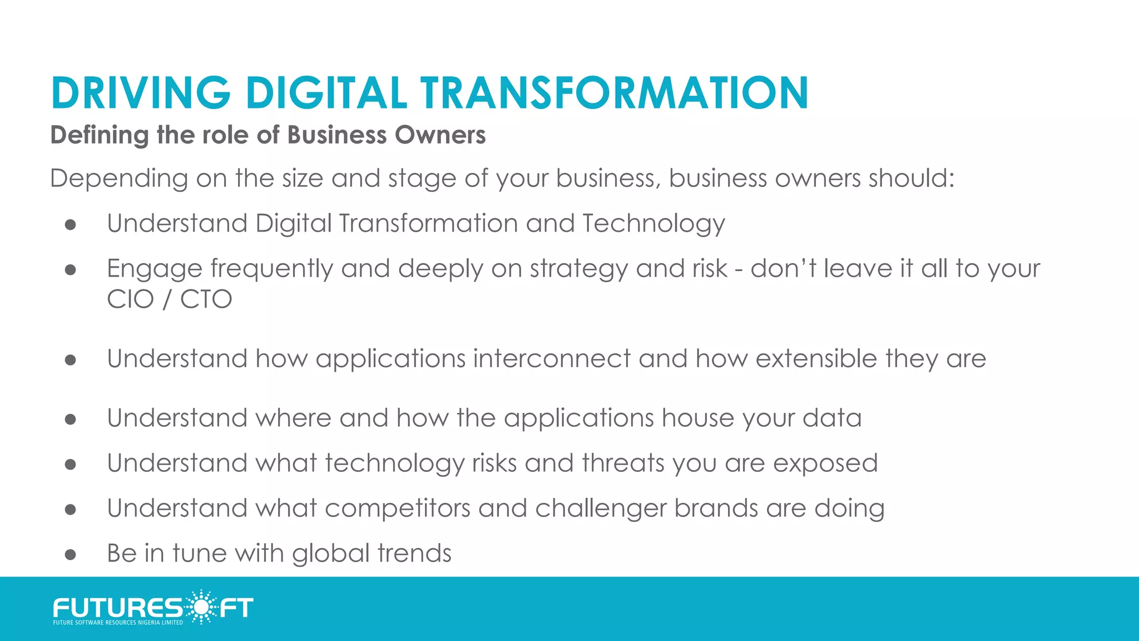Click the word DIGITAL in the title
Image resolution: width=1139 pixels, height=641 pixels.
326,92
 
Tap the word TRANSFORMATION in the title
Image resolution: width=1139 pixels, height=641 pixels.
614,92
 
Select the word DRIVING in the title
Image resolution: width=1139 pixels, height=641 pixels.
141,92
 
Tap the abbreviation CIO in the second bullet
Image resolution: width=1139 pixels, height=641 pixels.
130,299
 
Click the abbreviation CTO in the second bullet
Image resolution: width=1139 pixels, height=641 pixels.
206,299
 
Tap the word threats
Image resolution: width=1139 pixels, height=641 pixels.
623,464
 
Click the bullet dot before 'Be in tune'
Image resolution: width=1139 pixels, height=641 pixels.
70,554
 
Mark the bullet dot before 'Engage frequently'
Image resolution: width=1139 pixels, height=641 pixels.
70,270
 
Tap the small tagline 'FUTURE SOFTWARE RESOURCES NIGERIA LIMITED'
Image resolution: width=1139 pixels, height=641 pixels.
118,623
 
